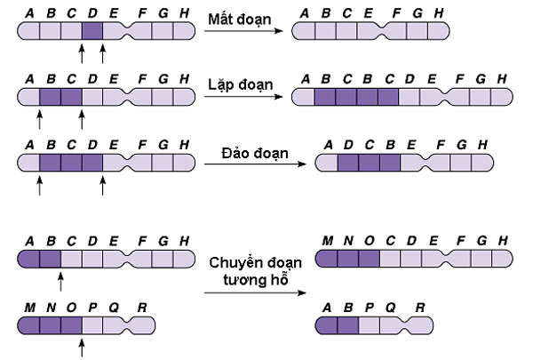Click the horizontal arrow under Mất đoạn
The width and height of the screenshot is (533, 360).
coord(244,32)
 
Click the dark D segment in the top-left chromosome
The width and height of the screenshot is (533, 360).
coord(92,32)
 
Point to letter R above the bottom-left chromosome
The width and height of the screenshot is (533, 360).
coord(142,308)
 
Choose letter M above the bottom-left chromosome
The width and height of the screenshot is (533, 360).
coord(29,308)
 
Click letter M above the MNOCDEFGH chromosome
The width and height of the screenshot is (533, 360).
coord(327,242)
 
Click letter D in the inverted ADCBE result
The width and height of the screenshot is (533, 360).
coord(348,144)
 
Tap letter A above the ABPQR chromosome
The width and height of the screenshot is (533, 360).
coord(327,308)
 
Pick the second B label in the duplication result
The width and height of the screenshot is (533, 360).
coord(370,79)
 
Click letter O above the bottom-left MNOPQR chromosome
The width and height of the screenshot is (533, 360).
coord(72,308)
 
